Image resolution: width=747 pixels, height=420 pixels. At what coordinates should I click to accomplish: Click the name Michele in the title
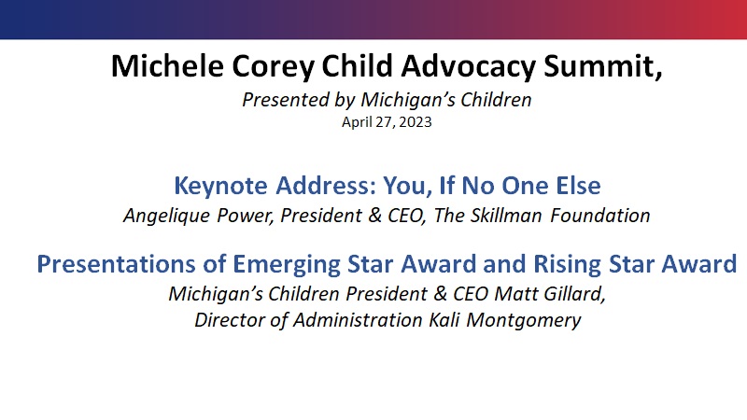coord(167,65)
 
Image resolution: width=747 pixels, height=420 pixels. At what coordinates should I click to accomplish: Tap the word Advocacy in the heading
coord(469,66)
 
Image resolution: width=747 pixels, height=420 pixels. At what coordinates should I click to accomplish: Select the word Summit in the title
coord(602,65)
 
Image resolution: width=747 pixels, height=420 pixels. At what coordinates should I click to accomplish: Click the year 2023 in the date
coord(416,122)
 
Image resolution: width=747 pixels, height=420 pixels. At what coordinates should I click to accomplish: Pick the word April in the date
coord(358,122)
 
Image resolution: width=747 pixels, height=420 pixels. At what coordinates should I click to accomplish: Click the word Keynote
coord(220,185)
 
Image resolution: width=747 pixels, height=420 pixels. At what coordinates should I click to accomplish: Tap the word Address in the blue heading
coord(326,185)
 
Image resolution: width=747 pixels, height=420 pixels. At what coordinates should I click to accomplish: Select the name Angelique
coord(167,216)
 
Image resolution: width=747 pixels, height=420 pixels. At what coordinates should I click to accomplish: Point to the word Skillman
coord(506,216)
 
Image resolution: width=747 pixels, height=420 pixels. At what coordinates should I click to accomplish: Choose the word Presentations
coord(117,264)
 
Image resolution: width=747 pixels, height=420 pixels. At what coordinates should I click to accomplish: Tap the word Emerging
coord(287,265)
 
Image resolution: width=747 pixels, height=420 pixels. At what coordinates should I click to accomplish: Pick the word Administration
coord(358,319)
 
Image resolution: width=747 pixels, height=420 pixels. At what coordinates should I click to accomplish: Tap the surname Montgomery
coord(524,320)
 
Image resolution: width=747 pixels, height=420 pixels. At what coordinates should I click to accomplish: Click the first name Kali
coord(444,319)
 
